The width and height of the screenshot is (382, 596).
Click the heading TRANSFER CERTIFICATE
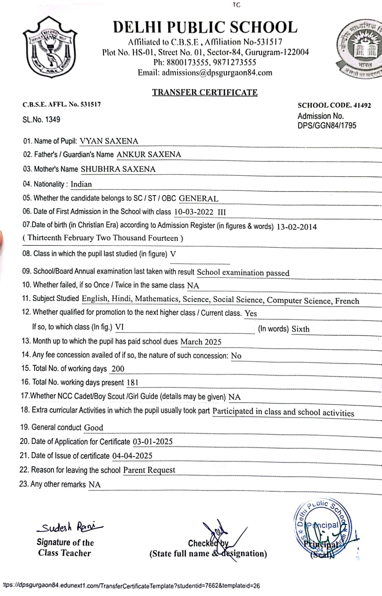pyautogui.click(x=204, y=92)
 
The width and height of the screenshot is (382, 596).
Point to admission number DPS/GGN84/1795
pyautogui.click(x=327, y=126)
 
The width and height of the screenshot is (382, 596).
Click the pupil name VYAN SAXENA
pyautogui.click(x=109, y=141)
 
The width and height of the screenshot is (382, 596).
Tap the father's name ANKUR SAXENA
pyautogui.click(x=149, y=155)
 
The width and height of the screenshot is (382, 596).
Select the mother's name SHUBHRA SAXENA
pyautogui.click(x=118, y=169)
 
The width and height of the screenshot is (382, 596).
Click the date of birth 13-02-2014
pyautogui.click(x=296, y=227)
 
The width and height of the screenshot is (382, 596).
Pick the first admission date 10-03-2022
pyautogui.click(x=194, y=212)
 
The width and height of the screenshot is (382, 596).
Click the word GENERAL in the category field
pyautogui.click(x=198, y=199)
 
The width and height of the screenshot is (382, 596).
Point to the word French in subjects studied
pyautogui.click(x=347, y=301)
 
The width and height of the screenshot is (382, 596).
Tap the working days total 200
pyautogui.click(x=118, y=369)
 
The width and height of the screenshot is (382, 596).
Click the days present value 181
pyautogui.click(x=133, y=383)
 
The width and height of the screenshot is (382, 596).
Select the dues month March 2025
pyautogui.click(x=201, y=342)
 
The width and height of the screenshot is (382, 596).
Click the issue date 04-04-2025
pyautogui.click(x=132, y=456)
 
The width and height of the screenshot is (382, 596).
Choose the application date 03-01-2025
pyautogui.click(x=153, y=442)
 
